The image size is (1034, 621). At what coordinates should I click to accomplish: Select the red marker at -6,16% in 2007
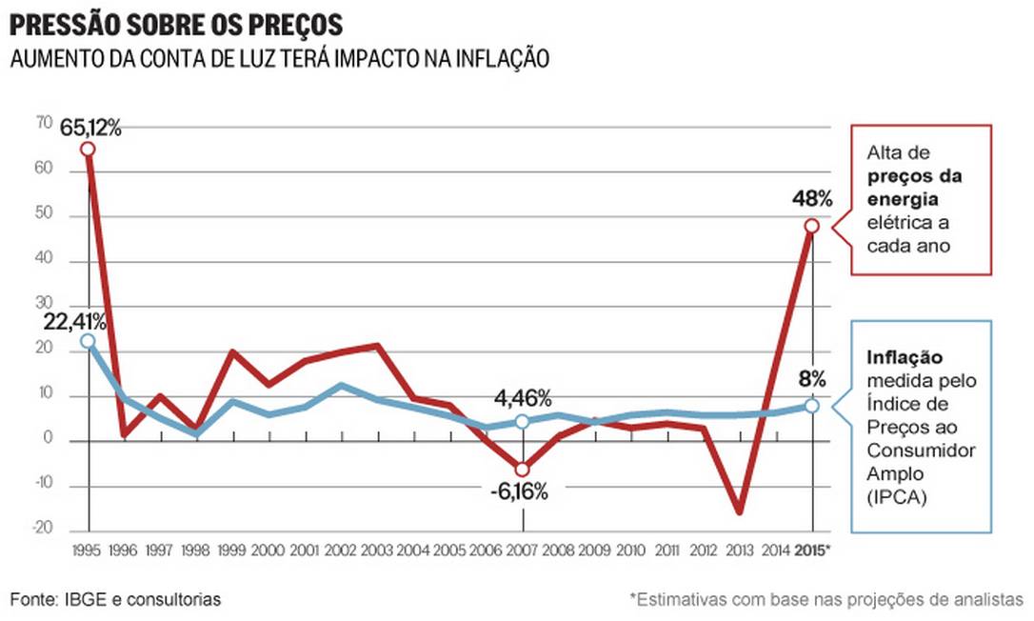pos(523,470)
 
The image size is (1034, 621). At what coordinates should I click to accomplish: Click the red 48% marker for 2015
pos(811,226)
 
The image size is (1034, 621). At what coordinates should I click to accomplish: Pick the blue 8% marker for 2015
pos(811,406)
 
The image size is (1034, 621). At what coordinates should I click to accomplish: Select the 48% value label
pos(811,200)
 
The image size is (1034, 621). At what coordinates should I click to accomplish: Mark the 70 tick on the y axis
pos(44,123)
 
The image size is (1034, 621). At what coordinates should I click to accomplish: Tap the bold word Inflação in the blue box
pos(905,358)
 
